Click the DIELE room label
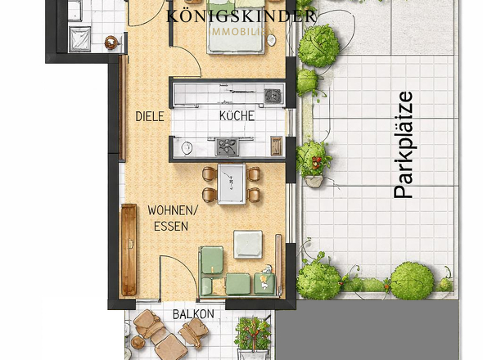(x=150, y=116)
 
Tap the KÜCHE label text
(x=237, y=116)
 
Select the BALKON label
(x=193, y=314)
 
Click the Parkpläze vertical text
(x=403, y=145)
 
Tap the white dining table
(x=231, y=182)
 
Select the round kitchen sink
(x=187, y=148)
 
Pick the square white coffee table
(x=247, y=244)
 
